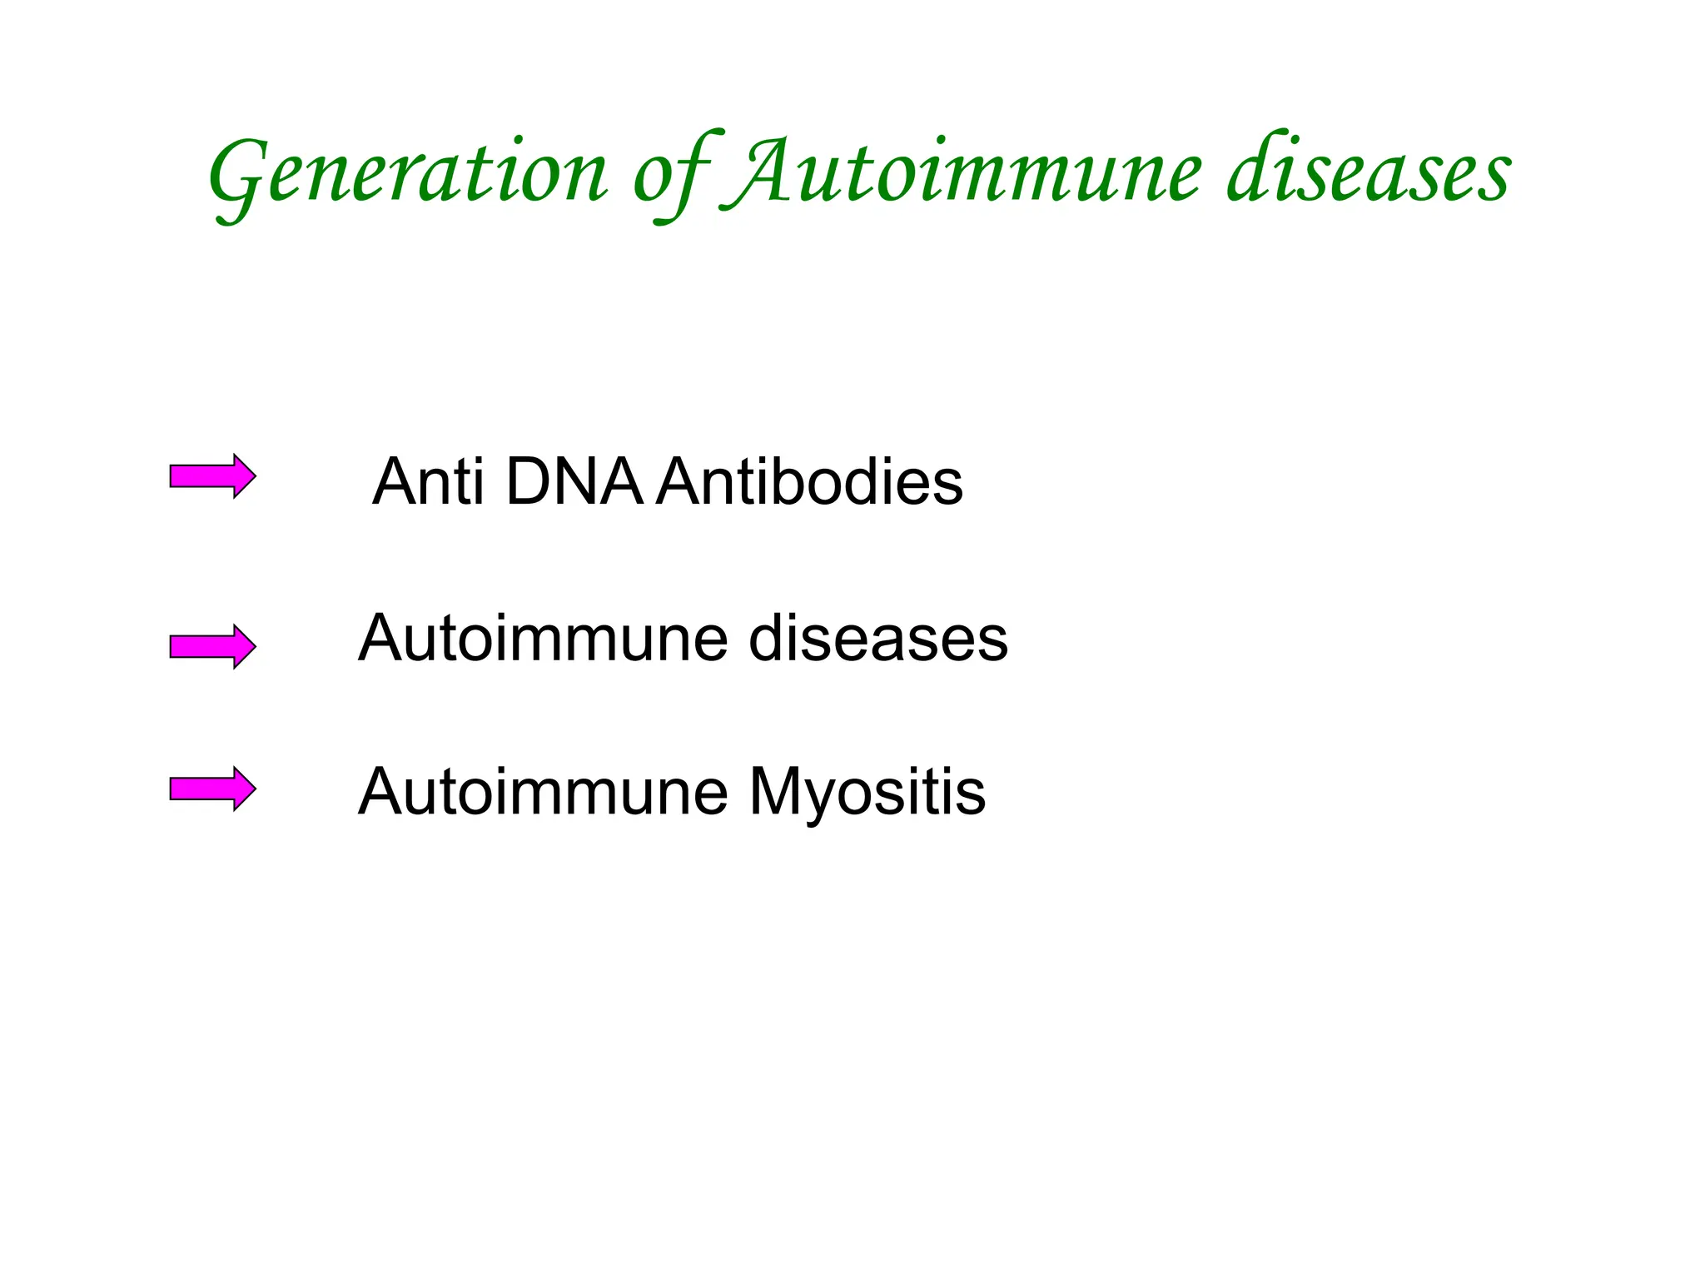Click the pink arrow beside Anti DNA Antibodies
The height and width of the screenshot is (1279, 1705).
pyautogui.click(x=212, y=476)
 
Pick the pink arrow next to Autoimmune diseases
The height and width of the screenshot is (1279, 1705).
pyautogui.click(x=212, y=646)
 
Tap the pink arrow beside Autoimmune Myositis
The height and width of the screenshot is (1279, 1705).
pyautogui.click(x=212, y=789)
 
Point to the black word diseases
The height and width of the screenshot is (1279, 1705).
pyautogui.click(x=878, y=639)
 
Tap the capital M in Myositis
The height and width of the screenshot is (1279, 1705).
pyautogui.click(x=778, y=791)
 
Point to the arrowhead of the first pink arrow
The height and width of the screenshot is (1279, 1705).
pyautogui.click(x=243, y=476)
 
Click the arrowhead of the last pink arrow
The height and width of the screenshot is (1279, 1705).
pyautogui.click(x=243, y=789)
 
